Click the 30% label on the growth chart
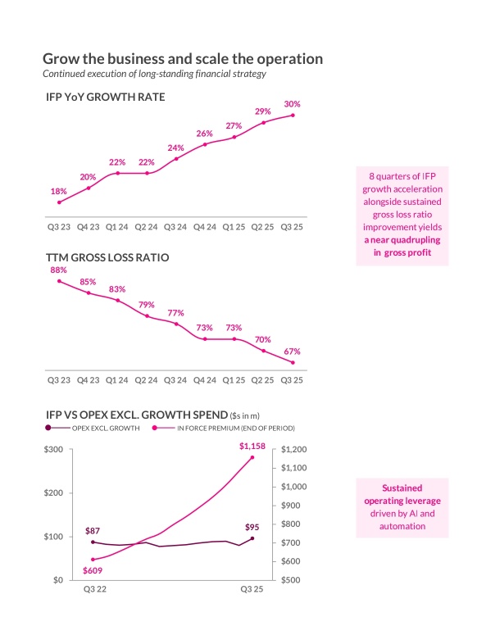tap(293, 104)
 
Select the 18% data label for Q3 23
tap(59, 191)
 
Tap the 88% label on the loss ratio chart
tap(59, 270)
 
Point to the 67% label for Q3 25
tap(293, 352)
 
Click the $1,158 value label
tap(252, 445)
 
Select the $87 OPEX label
tap(93, 531)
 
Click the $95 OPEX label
tap(252, 527)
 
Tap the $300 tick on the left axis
tap(52, 450)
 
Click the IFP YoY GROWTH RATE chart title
tap(106, 97)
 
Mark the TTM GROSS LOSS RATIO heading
tap(107, 257)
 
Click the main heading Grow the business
tap(182, 59)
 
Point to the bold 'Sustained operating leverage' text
tap(402, 493)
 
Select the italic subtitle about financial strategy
tap(154, 75)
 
